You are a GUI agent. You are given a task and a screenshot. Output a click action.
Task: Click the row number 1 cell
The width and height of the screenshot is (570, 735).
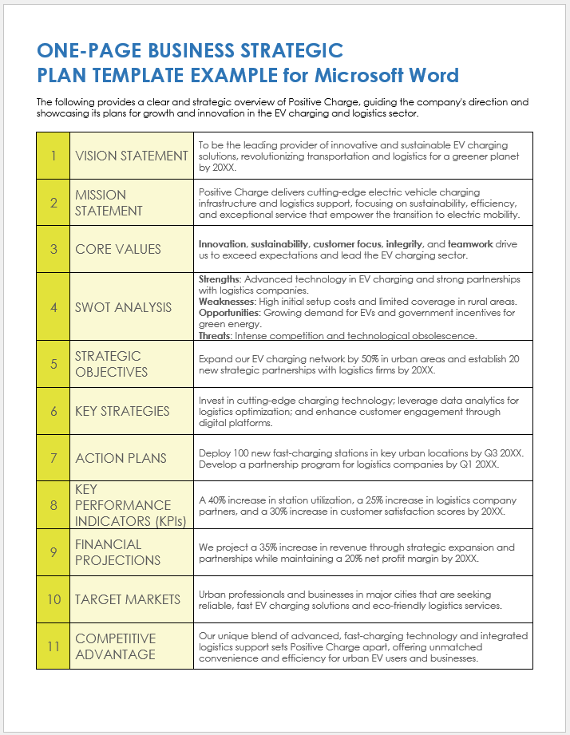pos(53,156)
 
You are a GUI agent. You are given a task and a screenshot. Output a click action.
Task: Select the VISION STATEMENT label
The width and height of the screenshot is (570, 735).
pos(131,156)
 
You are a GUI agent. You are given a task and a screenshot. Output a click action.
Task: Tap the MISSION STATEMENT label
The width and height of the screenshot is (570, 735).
pos(109,203)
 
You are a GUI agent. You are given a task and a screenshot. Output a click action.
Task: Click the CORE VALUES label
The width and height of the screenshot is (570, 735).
pos(118,249)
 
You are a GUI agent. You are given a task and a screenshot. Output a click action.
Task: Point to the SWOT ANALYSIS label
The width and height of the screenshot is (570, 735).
pos(124,307)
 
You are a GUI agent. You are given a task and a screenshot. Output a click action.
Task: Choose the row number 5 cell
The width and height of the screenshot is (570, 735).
pos(53,364)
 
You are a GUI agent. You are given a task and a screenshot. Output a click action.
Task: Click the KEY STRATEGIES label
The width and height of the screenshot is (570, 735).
pos(122,411)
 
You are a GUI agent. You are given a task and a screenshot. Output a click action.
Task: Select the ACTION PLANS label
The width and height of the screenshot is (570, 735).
pos(121,458)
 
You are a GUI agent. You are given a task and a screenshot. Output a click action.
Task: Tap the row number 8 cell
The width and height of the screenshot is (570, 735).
pos(53,505)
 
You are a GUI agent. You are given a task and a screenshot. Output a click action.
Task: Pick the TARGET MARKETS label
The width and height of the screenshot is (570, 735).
pos(126,599)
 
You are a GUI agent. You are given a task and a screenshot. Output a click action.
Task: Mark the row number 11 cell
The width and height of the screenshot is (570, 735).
pos(53,646)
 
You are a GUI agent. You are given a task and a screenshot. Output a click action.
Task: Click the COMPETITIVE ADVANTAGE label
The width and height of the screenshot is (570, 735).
pos(115,646)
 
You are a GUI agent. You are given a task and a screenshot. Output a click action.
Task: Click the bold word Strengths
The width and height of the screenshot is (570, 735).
pos(219,279)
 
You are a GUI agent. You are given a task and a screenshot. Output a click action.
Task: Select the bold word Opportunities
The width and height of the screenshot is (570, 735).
pos(228,313)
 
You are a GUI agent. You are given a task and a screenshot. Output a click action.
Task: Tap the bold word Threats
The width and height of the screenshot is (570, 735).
pos(214,336)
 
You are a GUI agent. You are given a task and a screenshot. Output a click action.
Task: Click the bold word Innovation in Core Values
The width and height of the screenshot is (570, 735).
pos(222,243)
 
